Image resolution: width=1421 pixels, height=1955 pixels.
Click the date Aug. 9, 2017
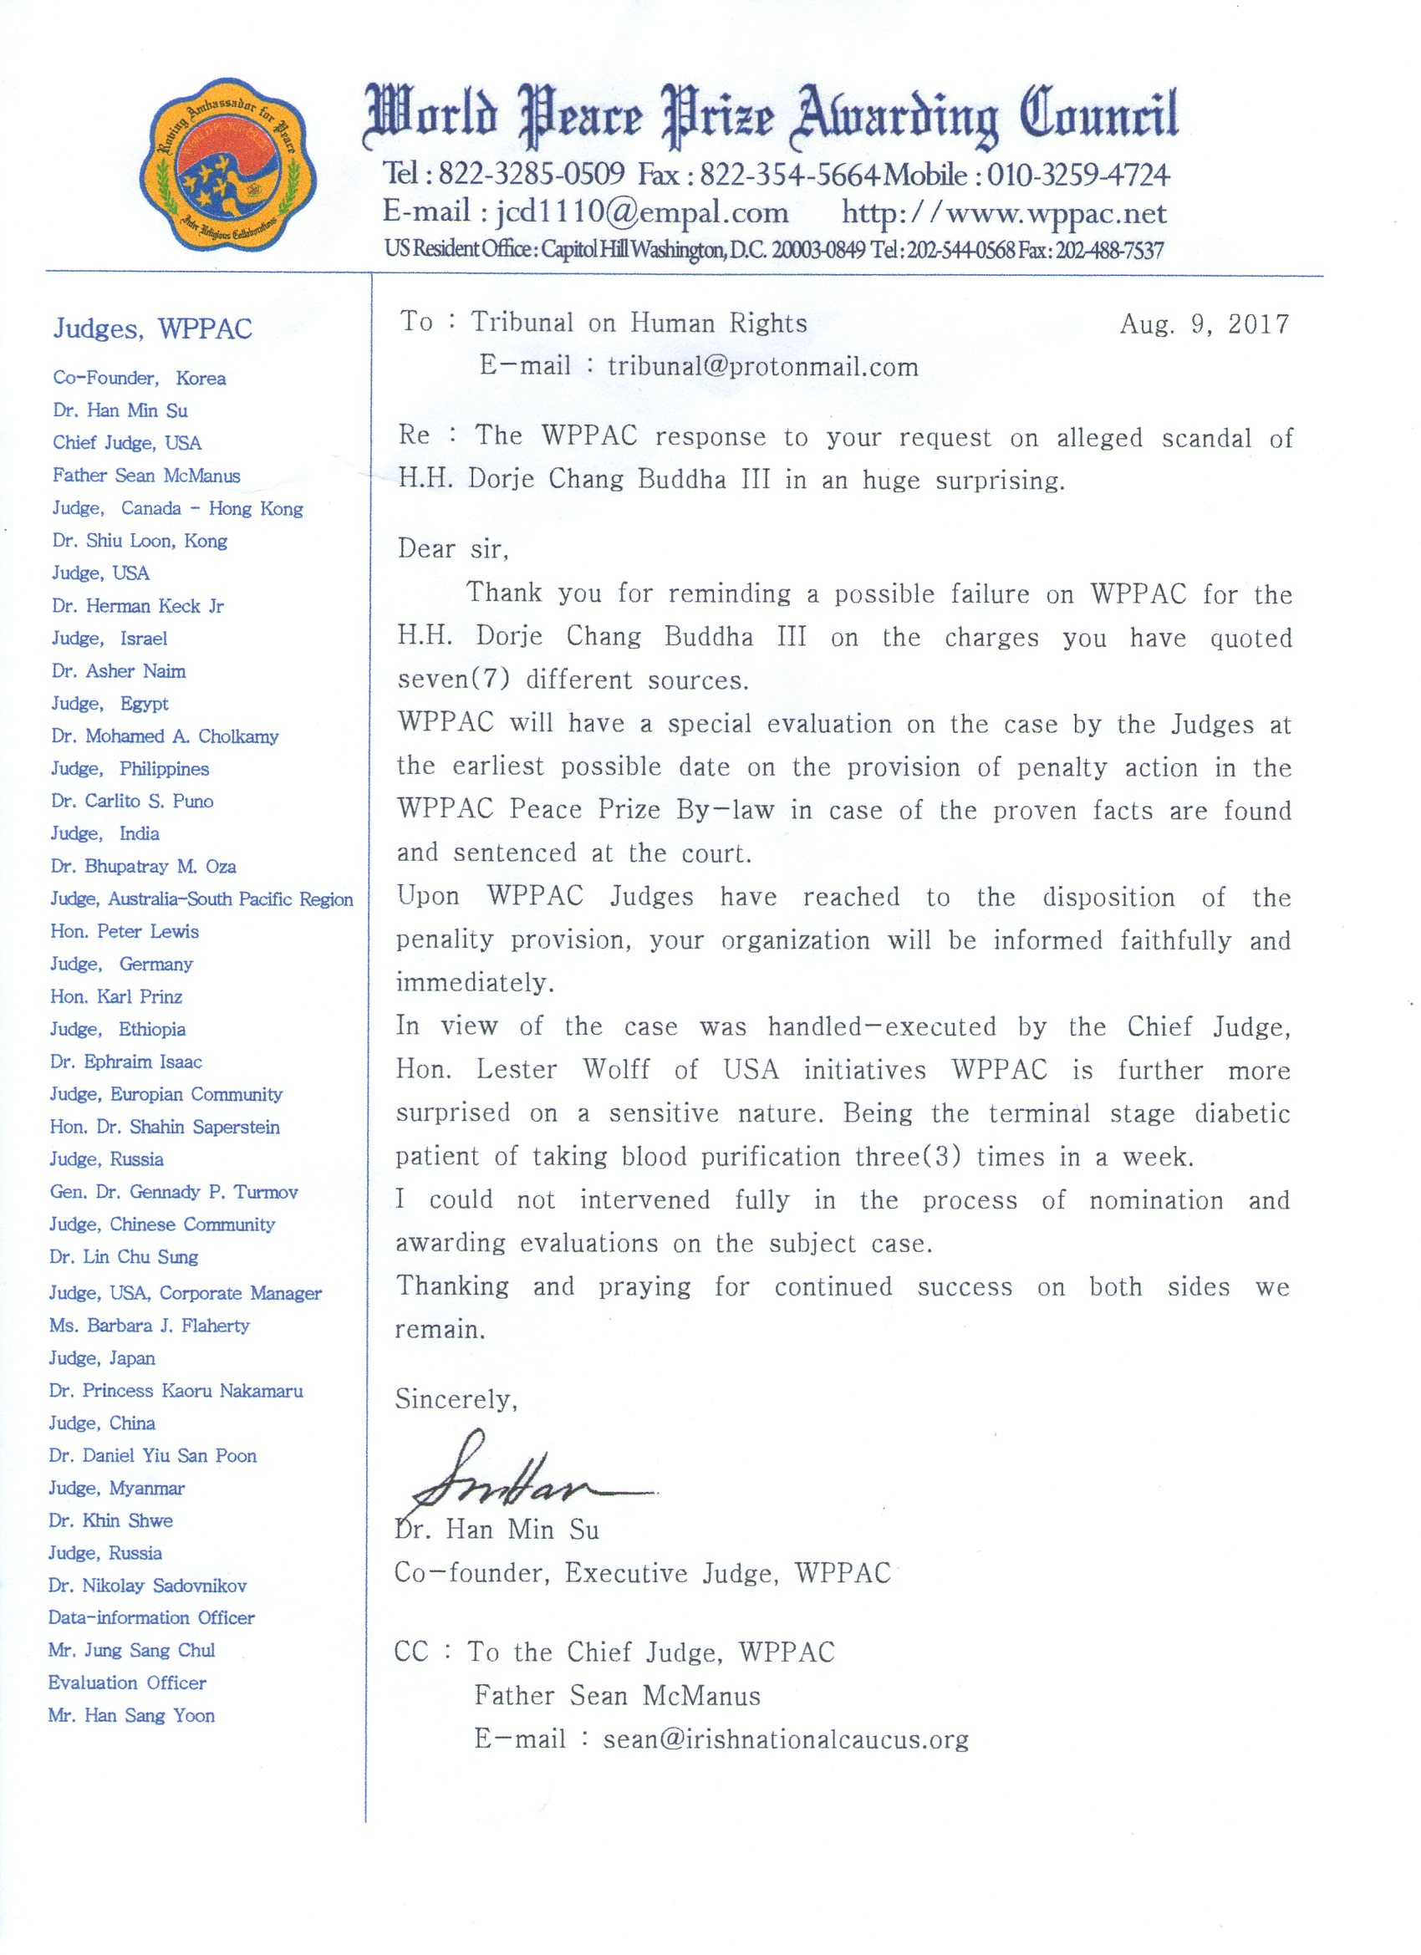click(1204, 324)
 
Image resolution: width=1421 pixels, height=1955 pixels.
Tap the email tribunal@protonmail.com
click(762, 366)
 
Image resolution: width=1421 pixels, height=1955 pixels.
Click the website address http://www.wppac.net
click(1004, 213)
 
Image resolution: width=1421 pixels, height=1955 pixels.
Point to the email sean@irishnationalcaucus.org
click(786, 1739)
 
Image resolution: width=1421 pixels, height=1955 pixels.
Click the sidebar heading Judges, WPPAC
click(153, 329)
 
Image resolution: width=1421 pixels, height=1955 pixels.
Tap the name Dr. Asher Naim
click(119, 670)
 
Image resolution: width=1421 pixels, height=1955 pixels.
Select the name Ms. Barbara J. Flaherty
click(149, 1326)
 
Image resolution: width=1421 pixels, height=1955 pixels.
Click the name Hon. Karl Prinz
click(116, 996)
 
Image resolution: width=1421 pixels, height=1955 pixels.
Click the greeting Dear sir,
click(453, 549)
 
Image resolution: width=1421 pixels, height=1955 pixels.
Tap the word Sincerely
click(456, 1399)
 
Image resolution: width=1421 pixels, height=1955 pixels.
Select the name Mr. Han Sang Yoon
click(131, 1715)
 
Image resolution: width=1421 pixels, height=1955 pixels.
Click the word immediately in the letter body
click(474, 983)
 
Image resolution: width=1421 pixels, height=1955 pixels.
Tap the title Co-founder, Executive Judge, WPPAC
click(643, 1573)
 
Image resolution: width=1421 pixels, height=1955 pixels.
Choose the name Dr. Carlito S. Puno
click(132, 801)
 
